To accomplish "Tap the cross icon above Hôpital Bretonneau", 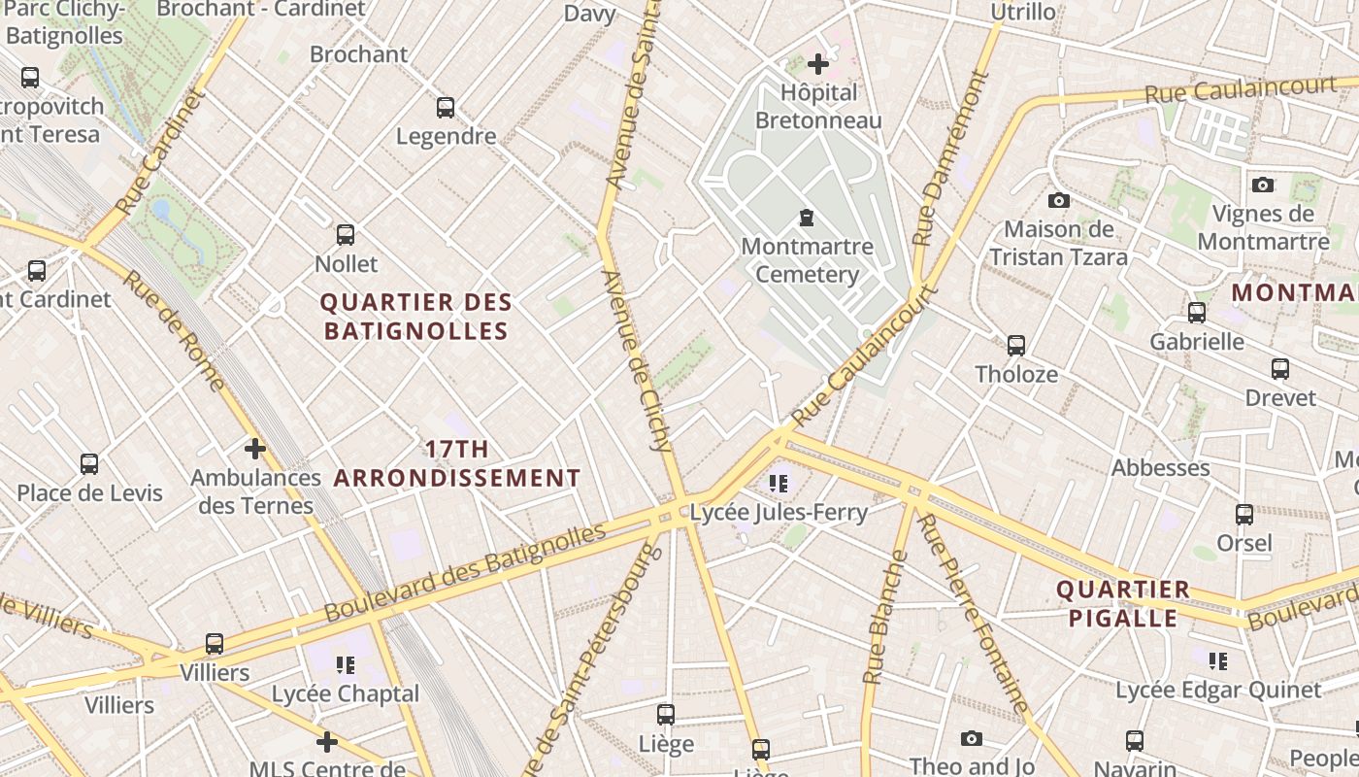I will pos(818,64).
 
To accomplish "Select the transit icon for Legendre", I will pos(446,108).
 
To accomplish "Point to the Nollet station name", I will pos(347,263).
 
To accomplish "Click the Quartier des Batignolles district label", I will pos(416,317).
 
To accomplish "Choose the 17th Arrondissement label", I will pos(457,463).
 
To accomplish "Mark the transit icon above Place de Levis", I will pos(89,464).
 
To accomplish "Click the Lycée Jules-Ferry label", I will pos(779,512).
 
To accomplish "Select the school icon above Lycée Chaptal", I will pos(345,665).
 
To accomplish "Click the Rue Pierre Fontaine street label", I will pos(972,614).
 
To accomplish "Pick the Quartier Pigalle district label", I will pos(1122,603).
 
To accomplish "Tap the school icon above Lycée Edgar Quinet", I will pos(1218,661).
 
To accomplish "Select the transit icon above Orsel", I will pos(1244,515).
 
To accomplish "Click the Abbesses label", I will pos(1160,467).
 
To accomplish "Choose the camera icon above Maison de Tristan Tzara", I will pos(1059,200).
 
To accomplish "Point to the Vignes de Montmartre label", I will pos(1263,227).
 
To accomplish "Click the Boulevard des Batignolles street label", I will pos(465,572).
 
